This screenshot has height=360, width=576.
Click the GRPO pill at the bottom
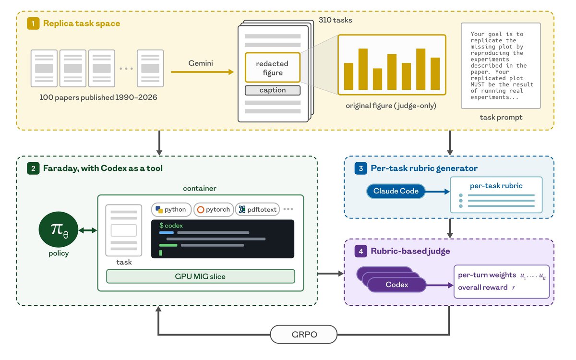click(x=304, y=334)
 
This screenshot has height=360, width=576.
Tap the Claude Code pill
click(x=396, y=191)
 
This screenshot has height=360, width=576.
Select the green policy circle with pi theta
click(x=59, y=229)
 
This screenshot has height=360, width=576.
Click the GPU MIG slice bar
click(x=201, y=276)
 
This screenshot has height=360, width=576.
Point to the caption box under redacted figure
click(x=273, y=90)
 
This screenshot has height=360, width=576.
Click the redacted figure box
click(x=273, y=68)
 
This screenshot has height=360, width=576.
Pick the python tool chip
click(x=171, y=210)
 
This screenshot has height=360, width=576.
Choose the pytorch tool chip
click(x=214, y=210)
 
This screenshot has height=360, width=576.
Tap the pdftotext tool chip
click(x=257, y=210)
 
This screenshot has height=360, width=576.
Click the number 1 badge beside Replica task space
click(x=33, y=24)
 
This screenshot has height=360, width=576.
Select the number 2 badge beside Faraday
click(x=33, y=168)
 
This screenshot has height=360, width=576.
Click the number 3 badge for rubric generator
click(x=361, y=168)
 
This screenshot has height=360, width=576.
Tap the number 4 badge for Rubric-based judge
click(x=361, y=251)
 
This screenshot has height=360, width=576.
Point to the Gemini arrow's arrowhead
click(x=231, y=72)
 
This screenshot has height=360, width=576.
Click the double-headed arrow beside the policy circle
click(x=88, y=230)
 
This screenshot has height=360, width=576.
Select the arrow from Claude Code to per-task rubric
click(x=437, y=192)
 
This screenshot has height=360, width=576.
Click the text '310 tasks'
click(x=336, y=20)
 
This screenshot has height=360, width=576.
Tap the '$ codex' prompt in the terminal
click(x=171, y=226)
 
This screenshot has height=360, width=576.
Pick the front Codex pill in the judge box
click(x=397, y=285)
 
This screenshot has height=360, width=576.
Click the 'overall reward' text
click(x=483, y=288)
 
